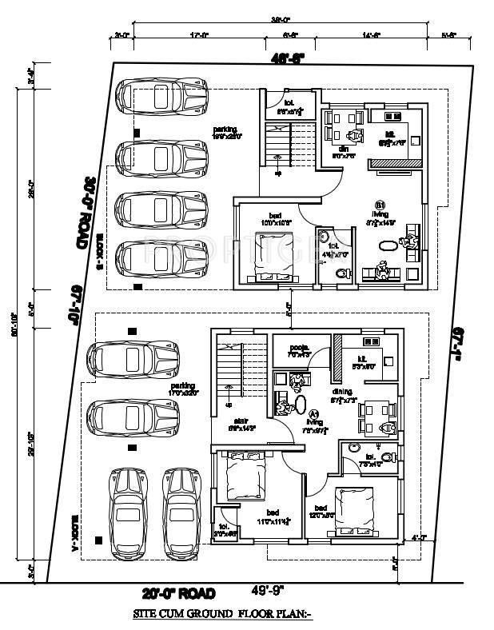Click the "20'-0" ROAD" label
pyautogui.click(x=179, y=593)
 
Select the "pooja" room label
pyautogui.click(x=299, y=349)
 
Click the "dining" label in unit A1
pyautogui.click(x=342, y=392)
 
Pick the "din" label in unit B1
pyautogui.click(x=343, y=149)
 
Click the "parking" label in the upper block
pyautogui.click(x=225, y=130)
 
